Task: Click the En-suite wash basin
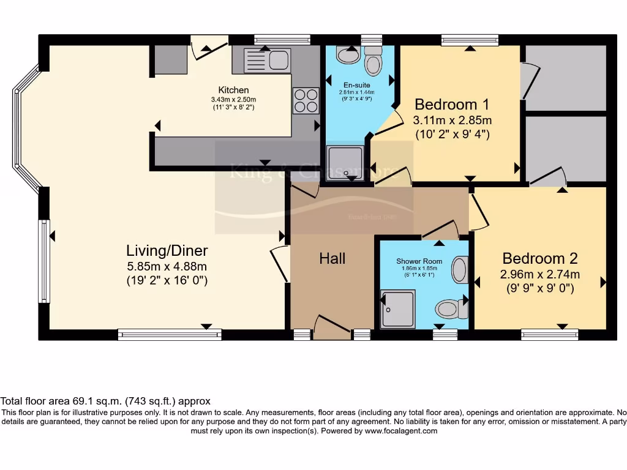click(x=349, y=56)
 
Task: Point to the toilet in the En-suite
click(x=372, y=62)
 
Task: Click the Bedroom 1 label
click(x=452, y=103)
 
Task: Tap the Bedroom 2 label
click(x=539, y=258)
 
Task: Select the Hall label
click(x=332, y=258)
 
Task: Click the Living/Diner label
click(x=167, y=250)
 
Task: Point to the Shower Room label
click(x=419, y=261)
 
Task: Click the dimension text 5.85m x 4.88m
click(x=167, y=266)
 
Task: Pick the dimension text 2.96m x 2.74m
click(x=539, y=274)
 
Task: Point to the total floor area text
click(x=105, y=401)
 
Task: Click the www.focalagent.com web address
click(x=401, y=431)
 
